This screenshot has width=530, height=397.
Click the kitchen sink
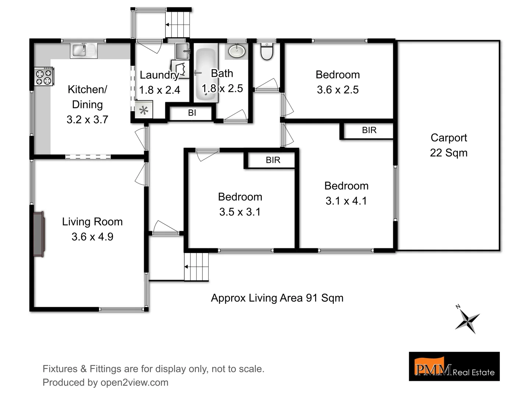pos(84,50)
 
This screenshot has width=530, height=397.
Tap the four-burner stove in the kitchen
pos(44,76)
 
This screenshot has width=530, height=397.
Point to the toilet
pos(266,52)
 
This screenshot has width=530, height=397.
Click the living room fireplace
pos(39,234)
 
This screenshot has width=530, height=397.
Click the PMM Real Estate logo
pos(454,366)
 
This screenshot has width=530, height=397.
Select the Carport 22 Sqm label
pos(449,145)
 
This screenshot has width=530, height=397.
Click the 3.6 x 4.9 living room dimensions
pos(92,237)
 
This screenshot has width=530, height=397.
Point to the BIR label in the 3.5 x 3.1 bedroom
pos(273,160)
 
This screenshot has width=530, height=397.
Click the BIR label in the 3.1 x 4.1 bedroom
pos(369,130)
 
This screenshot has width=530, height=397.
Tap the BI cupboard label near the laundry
pos(192,113)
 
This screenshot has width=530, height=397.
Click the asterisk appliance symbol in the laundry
pos(144,110)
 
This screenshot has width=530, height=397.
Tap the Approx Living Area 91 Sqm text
pos(277,298)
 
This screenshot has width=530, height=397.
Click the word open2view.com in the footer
pos(134,382)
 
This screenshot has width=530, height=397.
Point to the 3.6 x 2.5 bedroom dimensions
pos(338,90)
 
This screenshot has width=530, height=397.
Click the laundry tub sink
pos(182,51)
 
